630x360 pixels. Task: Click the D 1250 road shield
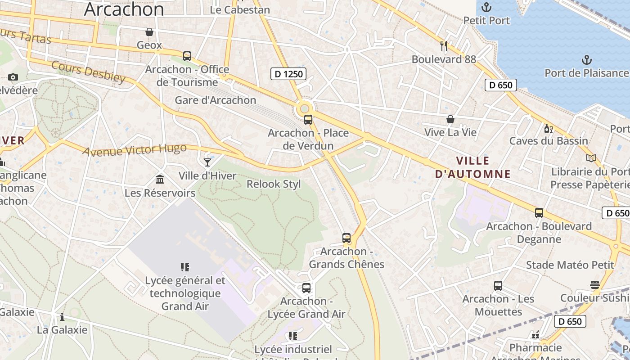pyautogui.click(x=288, y=74)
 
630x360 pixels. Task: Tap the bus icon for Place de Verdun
pyautogui.click(x=308, y=120)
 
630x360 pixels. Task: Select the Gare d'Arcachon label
pyautogui.click(x=216, y=100)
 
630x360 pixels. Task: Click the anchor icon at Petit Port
pyautogui.click(x=486, y=7)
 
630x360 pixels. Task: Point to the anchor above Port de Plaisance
pyautogui.click(x=586, y=59)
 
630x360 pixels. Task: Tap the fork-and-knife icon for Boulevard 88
pyautogui.click(x=444, y=45)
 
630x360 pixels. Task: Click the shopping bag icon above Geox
pyautogui.click(x=149, y=32)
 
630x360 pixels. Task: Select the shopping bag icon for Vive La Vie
pyautogui.click(x=450, y=119)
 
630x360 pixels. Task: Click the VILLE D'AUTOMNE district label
pyautogui.click(x=472, y=167)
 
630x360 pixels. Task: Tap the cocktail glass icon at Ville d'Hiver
pyautogui.click(x=207, y=162)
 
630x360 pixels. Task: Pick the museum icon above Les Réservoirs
pyautogui.click(x=160, y=180)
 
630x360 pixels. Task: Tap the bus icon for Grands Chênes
pyautogui.click(x=346, y=238)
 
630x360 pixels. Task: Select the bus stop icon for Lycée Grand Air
pyautogui.click(x=306, y=288)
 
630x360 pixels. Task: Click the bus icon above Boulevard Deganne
pyautogui.click(x=539, y=213)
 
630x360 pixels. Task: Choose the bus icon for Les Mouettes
pyautogui.click(x=498, y=286)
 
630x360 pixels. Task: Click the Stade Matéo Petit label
pyautogui.click(x=570, y=265)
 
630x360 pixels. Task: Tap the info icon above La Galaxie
pyautogui.click(x=62, y=317)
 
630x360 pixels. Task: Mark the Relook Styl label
pyautogui.click(x=274, y=184)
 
